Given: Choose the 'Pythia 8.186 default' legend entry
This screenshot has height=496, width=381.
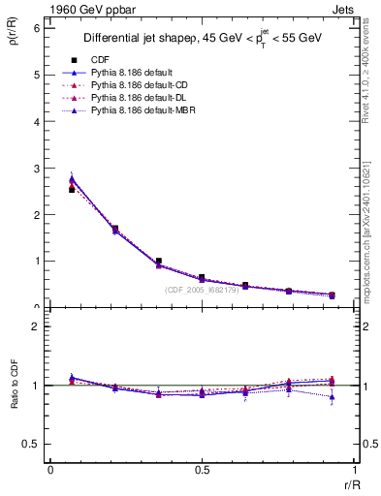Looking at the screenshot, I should coord(133,73).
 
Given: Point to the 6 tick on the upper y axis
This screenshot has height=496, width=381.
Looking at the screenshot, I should coord(36,28).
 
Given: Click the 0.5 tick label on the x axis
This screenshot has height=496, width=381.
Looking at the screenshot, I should coord(202,470).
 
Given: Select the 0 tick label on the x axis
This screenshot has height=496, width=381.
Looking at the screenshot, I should coord(50,470).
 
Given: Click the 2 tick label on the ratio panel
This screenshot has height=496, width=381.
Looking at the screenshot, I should coord(36,327).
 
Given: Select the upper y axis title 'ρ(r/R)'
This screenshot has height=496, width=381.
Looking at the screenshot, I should coord(12,37).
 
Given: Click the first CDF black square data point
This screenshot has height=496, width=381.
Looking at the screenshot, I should coord(72,190).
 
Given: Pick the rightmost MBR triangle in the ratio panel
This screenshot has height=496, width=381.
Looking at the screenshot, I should coord(332,397).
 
